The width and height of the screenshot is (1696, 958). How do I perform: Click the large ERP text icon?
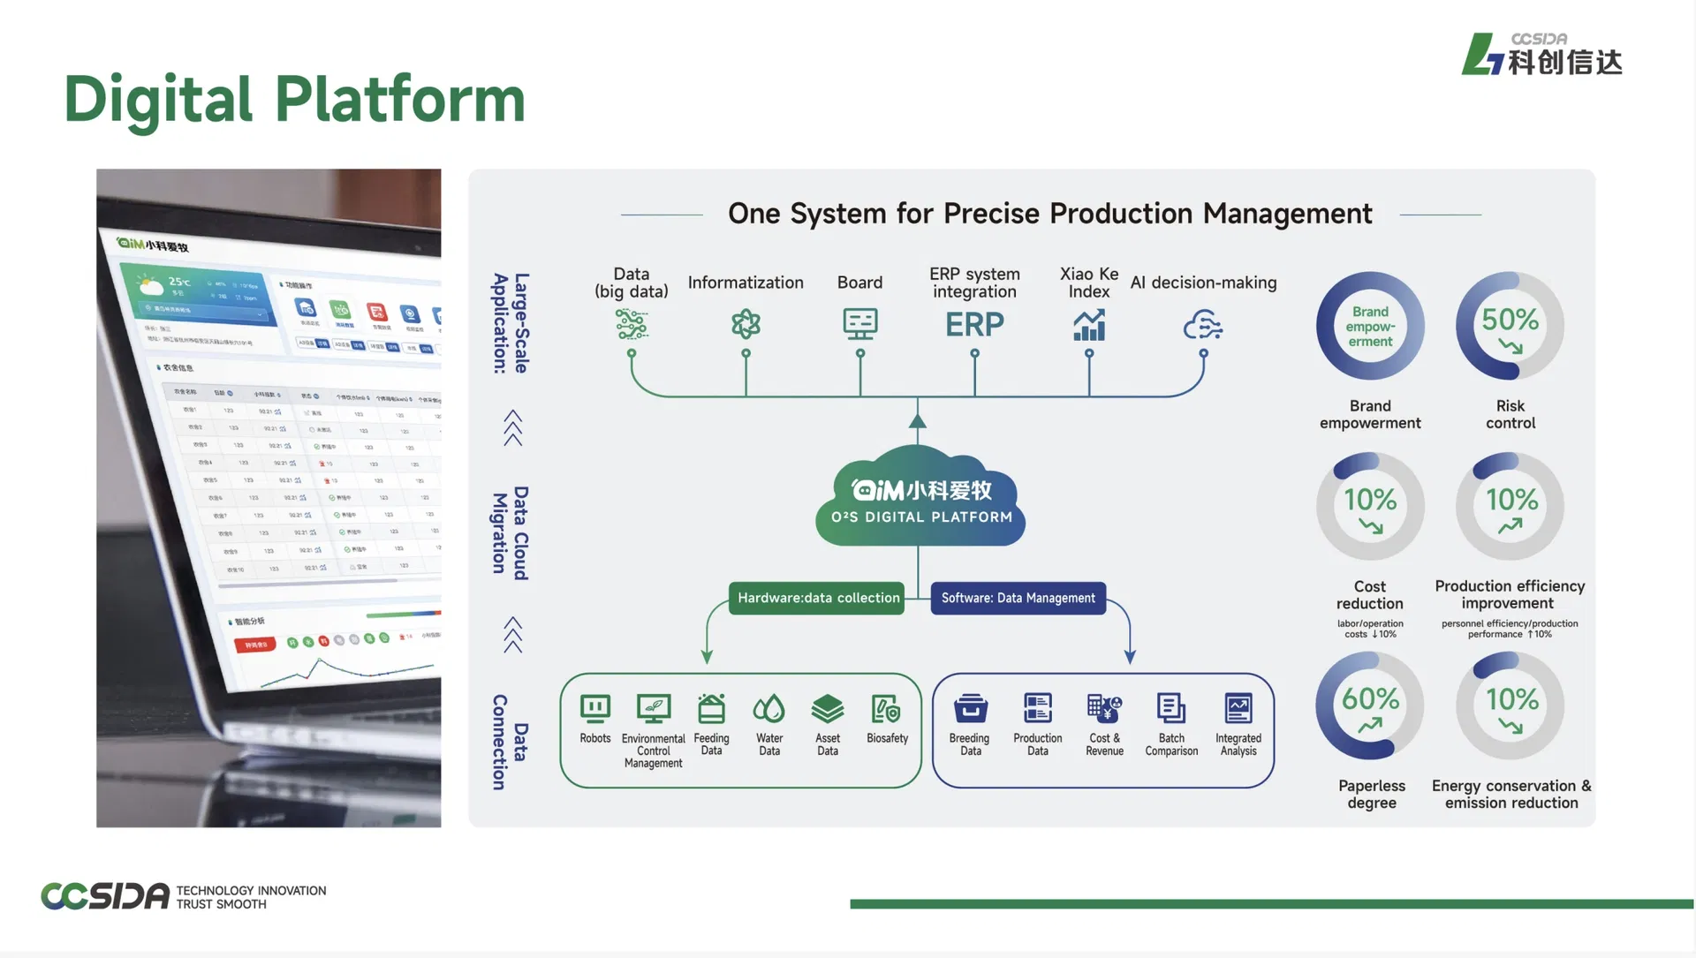click(x=974, y=325)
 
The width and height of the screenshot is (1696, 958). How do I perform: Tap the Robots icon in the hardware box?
click(x=594, y=708)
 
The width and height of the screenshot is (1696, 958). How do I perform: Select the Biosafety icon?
click(x=886, y=708)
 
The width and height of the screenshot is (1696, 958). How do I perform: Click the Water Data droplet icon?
click(x=768, y=708)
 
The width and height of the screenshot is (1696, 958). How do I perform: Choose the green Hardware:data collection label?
click(x=818, y=598)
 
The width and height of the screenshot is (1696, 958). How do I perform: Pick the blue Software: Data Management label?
click(x=1018, y=598)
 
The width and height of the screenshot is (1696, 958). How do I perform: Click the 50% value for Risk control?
click(x=1510, y=320)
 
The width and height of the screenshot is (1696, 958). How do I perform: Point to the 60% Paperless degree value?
click(x=1370, y=699)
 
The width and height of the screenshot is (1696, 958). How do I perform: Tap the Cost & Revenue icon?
click(x=1104, y=708)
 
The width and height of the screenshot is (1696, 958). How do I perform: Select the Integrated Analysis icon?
click(x=1238, y=708)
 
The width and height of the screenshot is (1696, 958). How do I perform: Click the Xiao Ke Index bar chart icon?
click(x=1089, y=325)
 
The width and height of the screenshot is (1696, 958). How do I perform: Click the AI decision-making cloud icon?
click(x=1202, y=326)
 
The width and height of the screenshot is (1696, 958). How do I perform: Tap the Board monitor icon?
click(x=859, y=324)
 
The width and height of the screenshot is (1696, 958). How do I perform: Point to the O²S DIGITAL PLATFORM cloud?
click(x=920, y=499)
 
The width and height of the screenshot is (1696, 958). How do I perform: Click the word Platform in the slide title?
click(x=400, y=99)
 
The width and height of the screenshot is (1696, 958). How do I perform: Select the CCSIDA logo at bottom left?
click(x=105, y=896)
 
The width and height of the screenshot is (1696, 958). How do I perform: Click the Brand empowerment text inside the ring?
click(x=1370, y=327)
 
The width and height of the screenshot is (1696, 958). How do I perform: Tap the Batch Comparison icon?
click(x=1171, y=708)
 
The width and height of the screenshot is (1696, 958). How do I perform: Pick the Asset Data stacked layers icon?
click(x=828, y=708)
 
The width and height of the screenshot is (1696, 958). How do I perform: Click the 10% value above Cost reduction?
click(x=1370, y=500)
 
